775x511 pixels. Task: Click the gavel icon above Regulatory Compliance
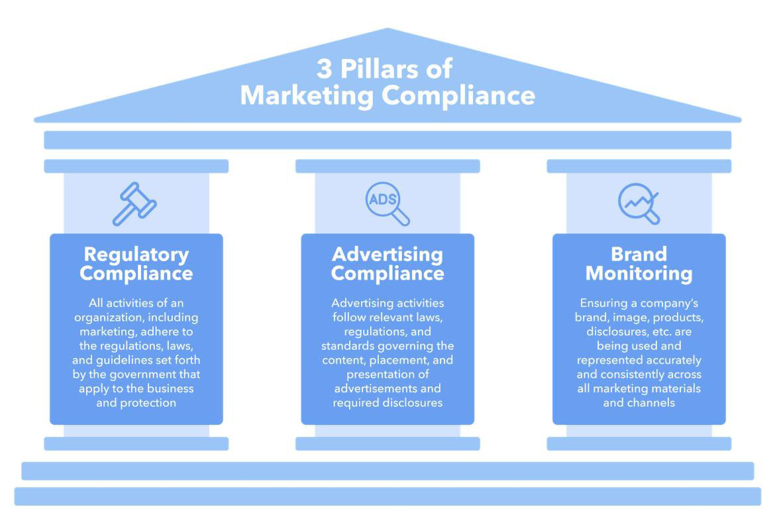coord(134,204)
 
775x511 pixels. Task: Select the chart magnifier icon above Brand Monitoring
coord(639,203)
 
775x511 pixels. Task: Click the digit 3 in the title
coord(324,69)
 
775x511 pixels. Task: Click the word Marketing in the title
coord(307,95)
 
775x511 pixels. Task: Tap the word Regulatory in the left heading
coord(136,255)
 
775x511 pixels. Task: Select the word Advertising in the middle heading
coord(387,255)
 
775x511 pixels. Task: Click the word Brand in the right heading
coord(639,255)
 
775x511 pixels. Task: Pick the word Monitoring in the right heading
coord(639,274)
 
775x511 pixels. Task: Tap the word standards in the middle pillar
coord(346,346)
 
